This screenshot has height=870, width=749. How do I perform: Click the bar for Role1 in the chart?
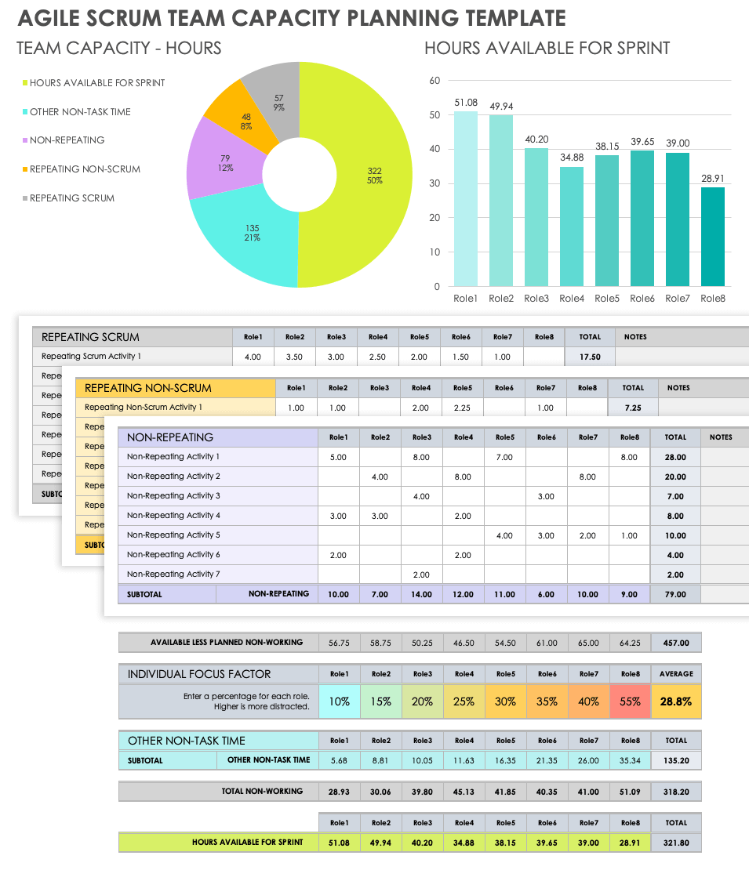coord(465,199)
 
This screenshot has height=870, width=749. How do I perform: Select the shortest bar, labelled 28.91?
coord(712,237)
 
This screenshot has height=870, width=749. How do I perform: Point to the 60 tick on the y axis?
coord(434,80)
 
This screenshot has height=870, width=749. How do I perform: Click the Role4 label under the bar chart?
coord(572,299)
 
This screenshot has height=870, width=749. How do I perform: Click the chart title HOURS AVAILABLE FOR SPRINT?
coord(547,49)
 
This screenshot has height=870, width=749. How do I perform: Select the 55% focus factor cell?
coord(630,701)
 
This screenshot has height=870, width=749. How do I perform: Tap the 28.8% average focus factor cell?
coord(676,701)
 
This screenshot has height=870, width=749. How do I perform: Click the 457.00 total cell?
coord(676,643)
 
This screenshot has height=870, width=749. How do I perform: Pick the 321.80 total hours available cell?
coord(676,843)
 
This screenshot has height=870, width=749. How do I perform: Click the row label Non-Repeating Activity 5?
coord(173,535)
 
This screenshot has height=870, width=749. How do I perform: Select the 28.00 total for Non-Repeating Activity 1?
coord(675,457)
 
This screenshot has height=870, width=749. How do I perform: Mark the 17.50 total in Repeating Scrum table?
coord(590,357)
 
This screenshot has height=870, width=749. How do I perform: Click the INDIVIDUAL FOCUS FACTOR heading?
coord(199,674)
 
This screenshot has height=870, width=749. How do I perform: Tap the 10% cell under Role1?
coord(339,701)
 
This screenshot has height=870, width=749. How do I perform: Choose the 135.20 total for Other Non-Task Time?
coord(676,760)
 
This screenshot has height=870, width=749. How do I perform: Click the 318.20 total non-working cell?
coord(676,792)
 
